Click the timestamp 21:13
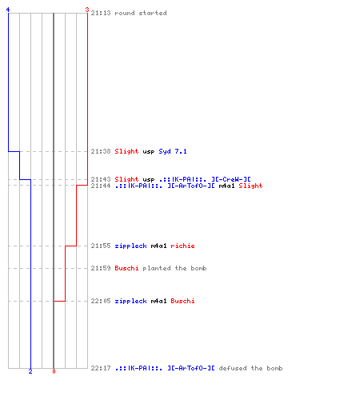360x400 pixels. point(101,13)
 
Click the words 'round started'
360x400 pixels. point(141,13)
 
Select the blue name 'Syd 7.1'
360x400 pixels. point(173,151)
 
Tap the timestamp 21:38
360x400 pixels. point(101,151)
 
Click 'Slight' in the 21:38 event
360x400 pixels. point(126,151)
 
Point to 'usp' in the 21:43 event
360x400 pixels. point(149,180)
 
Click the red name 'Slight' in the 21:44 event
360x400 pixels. point(250,186)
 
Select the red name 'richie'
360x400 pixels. point(182,246)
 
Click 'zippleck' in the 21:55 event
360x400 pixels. point(130,246)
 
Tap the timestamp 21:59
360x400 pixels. point(101,268)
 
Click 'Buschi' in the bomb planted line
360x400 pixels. point(126,268)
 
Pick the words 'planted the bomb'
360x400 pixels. point(174,268)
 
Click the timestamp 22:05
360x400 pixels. point(101,301)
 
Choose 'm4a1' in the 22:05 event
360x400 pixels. point(158,301)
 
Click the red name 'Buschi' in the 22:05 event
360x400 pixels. point(182,301)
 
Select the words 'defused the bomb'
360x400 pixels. point(250,368)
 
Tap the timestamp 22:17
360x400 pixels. point(101,368)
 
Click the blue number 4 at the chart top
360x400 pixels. point(8,10)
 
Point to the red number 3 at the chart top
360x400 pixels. point(87,10)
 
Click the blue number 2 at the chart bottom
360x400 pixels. point(30,371)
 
